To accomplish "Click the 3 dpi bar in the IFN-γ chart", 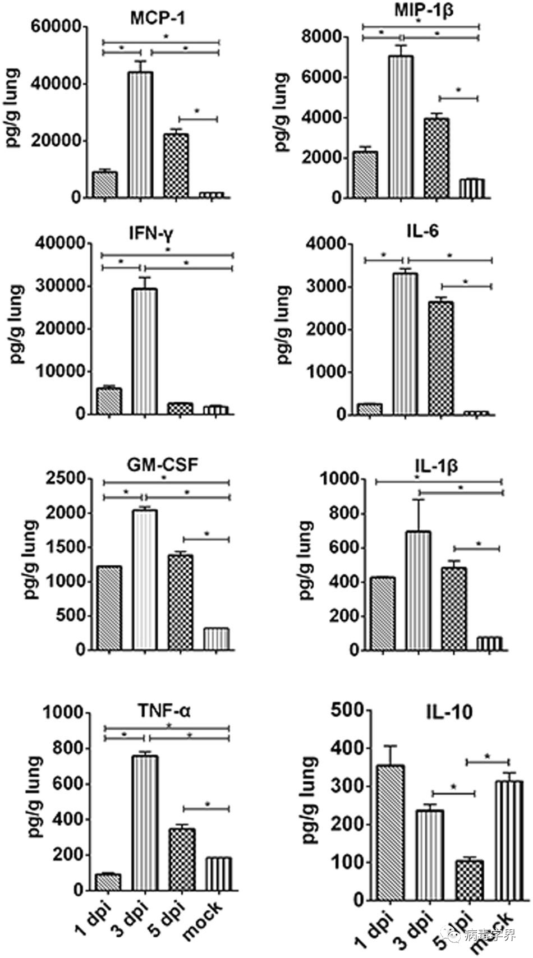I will point(145,351).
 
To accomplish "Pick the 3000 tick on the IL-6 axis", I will point(325,287).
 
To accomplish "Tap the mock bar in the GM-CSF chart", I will point(217,639).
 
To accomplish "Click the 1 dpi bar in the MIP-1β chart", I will point(365,174).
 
